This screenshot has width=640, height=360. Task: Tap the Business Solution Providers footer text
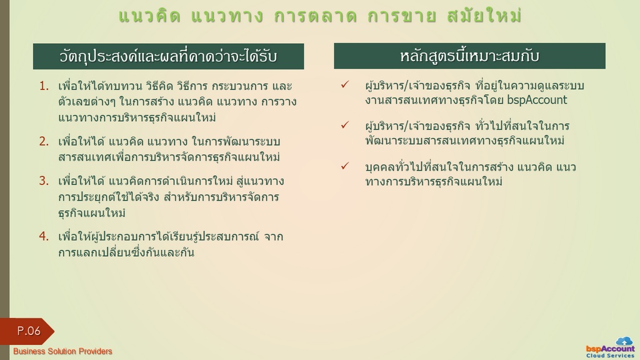(x=62, y=351)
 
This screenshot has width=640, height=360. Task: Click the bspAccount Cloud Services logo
(x=610, y=347)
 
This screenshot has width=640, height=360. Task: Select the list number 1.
(x=44, y=86)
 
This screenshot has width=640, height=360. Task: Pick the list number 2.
(x=44, y=141)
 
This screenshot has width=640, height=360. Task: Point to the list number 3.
(x=44, y=181)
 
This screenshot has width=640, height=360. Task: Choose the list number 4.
(x=44, y=236)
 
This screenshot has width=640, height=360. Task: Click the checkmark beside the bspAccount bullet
(x=345, y=84)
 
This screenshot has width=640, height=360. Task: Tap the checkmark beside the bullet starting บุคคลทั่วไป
(x=345, y=166)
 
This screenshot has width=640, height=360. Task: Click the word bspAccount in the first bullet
(x=537, y=100)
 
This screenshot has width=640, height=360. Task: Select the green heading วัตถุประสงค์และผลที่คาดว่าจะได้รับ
(x=169, y=56)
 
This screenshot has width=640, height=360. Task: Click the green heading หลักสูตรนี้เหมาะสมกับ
(x=469, y=56)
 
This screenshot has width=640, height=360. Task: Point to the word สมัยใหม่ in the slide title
(x=484, y=16)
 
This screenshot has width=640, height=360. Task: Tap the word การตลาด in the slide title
(x=315, y=16)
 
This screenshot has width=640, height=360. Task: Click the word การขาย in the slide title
(x=402, y=16)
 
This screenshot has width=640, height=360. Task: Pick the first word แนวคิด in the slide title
(x=149, y=16)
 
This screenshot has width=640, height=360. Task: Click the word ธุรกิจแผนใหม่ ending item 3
(x=92, y=213)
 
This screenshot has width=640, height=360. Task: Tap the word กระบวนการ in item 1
(x=239, y=86)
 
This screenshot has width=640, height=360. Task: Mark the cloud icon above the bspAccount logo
(x=624, y=341)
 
